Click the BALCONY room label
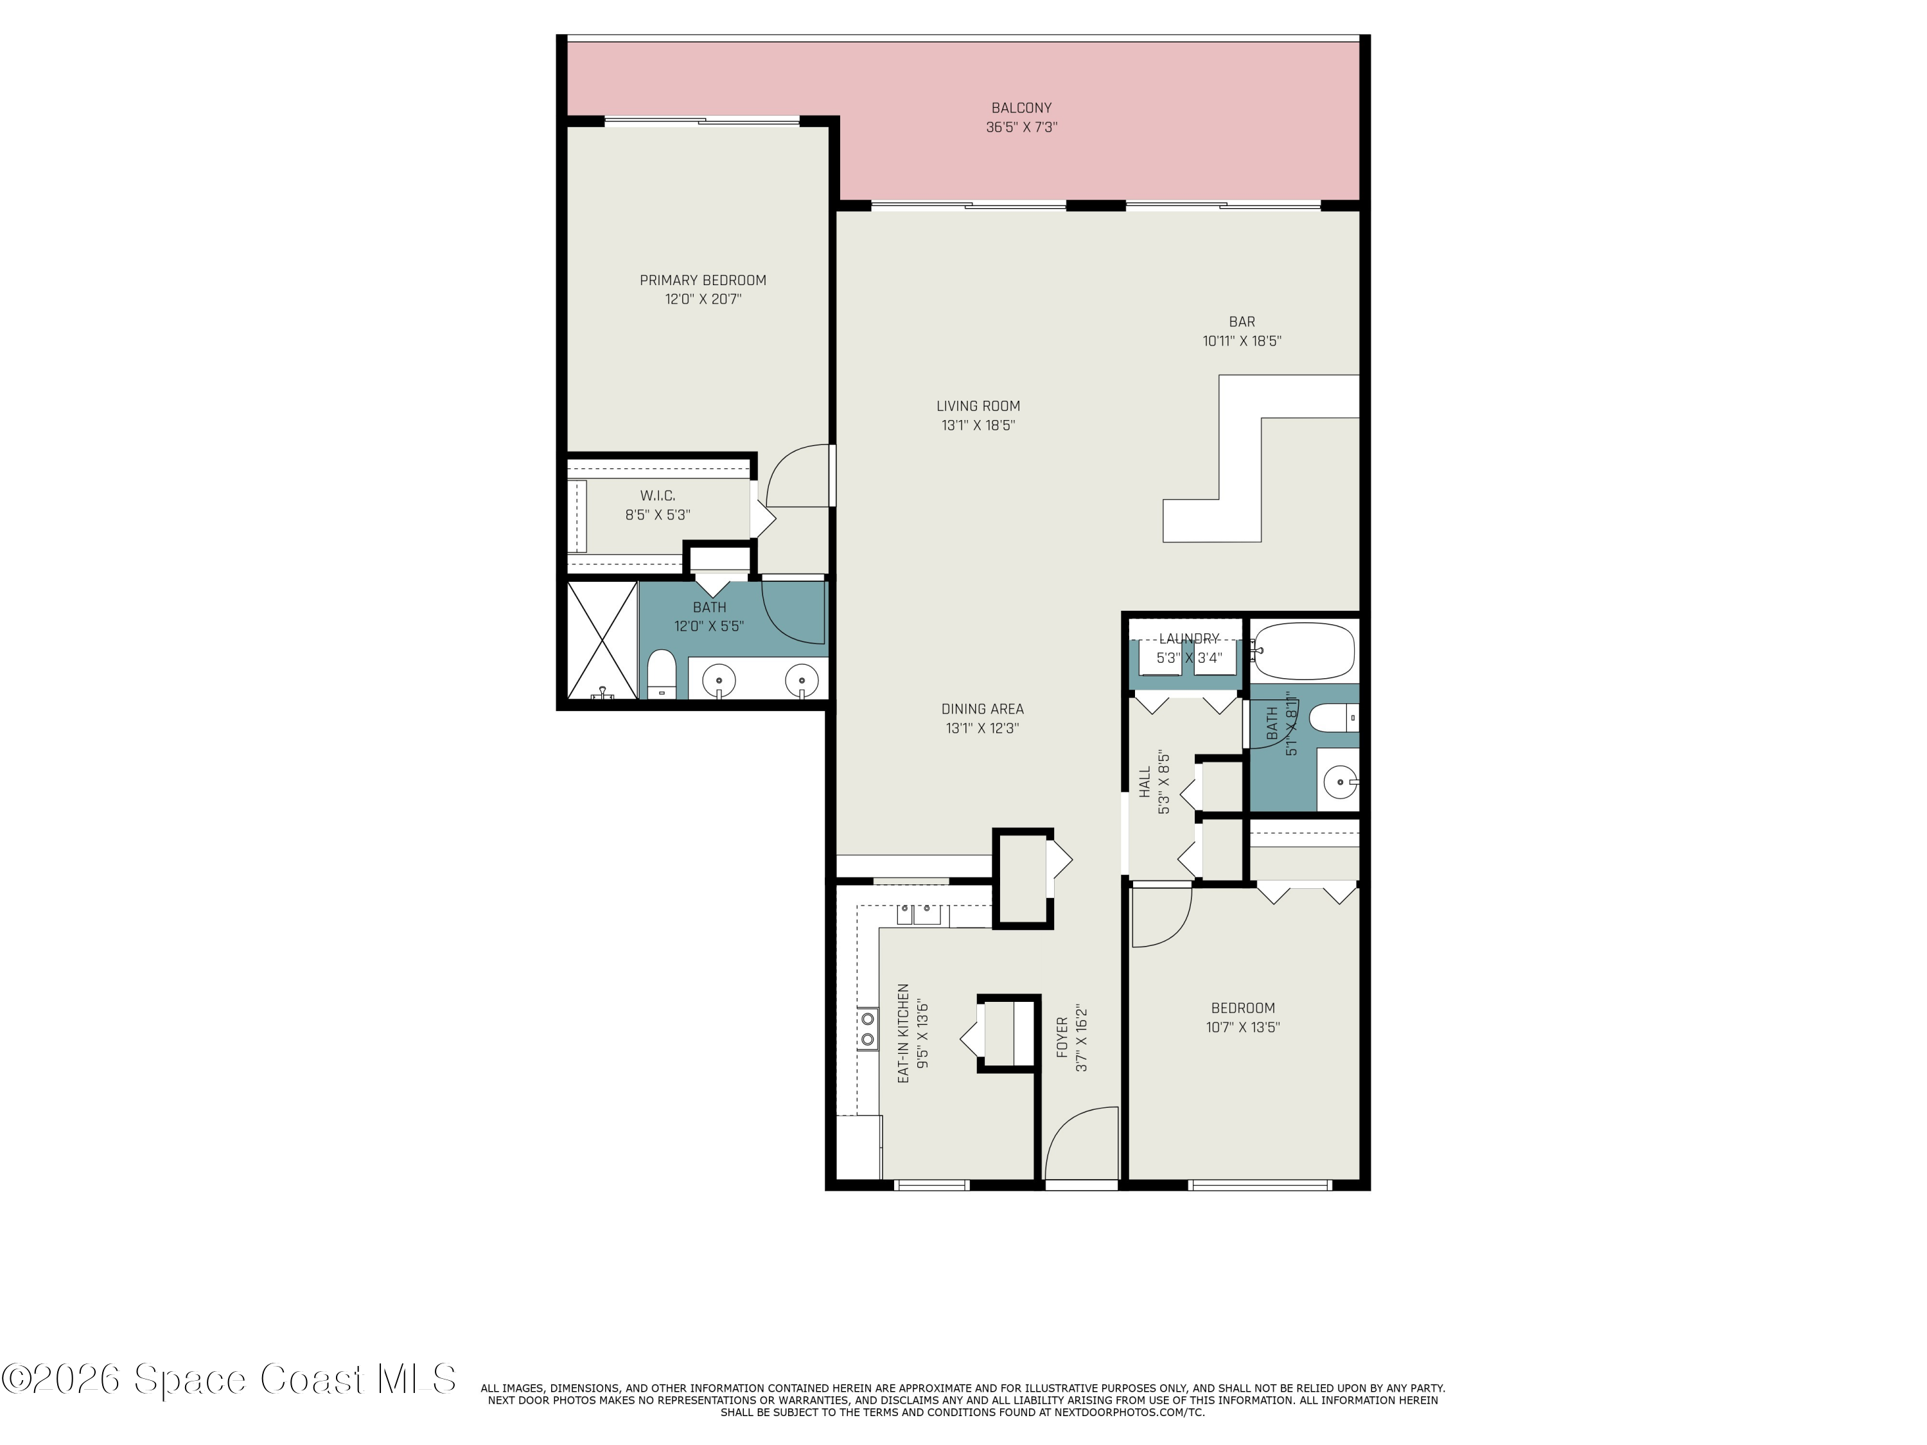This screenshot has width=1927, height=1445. click(x=1021, y=108)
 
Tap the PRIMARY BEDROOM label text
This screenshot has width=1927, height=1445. click(x=703, y=281)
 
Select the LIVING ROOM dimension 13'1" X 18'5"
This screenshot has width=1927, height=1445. click(x=978, y=426)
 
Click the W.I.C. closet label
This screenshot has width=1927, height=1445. click(x=658, y=496)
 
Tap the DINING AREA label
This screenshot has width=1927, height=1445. click(x=983, y=709)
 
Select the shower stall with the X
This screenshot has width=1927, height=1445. click(x=602, y=640)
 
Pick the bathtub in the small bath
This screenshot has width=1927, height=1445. click(x=1304, y=651)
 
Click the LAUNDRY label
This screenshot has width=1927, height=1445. click(x=1188, y=639)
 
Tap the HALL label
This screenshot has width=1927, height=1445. click(x=1145, y=782)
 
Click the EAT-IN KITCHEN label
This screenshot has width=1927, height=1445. click(x=903, y=1034)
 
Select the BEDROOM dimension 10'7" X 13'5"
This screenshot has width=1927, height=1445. click(x=1243, y=1028)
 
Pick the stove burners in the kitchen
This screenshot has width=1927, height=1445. click(x=868, y=1029)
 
